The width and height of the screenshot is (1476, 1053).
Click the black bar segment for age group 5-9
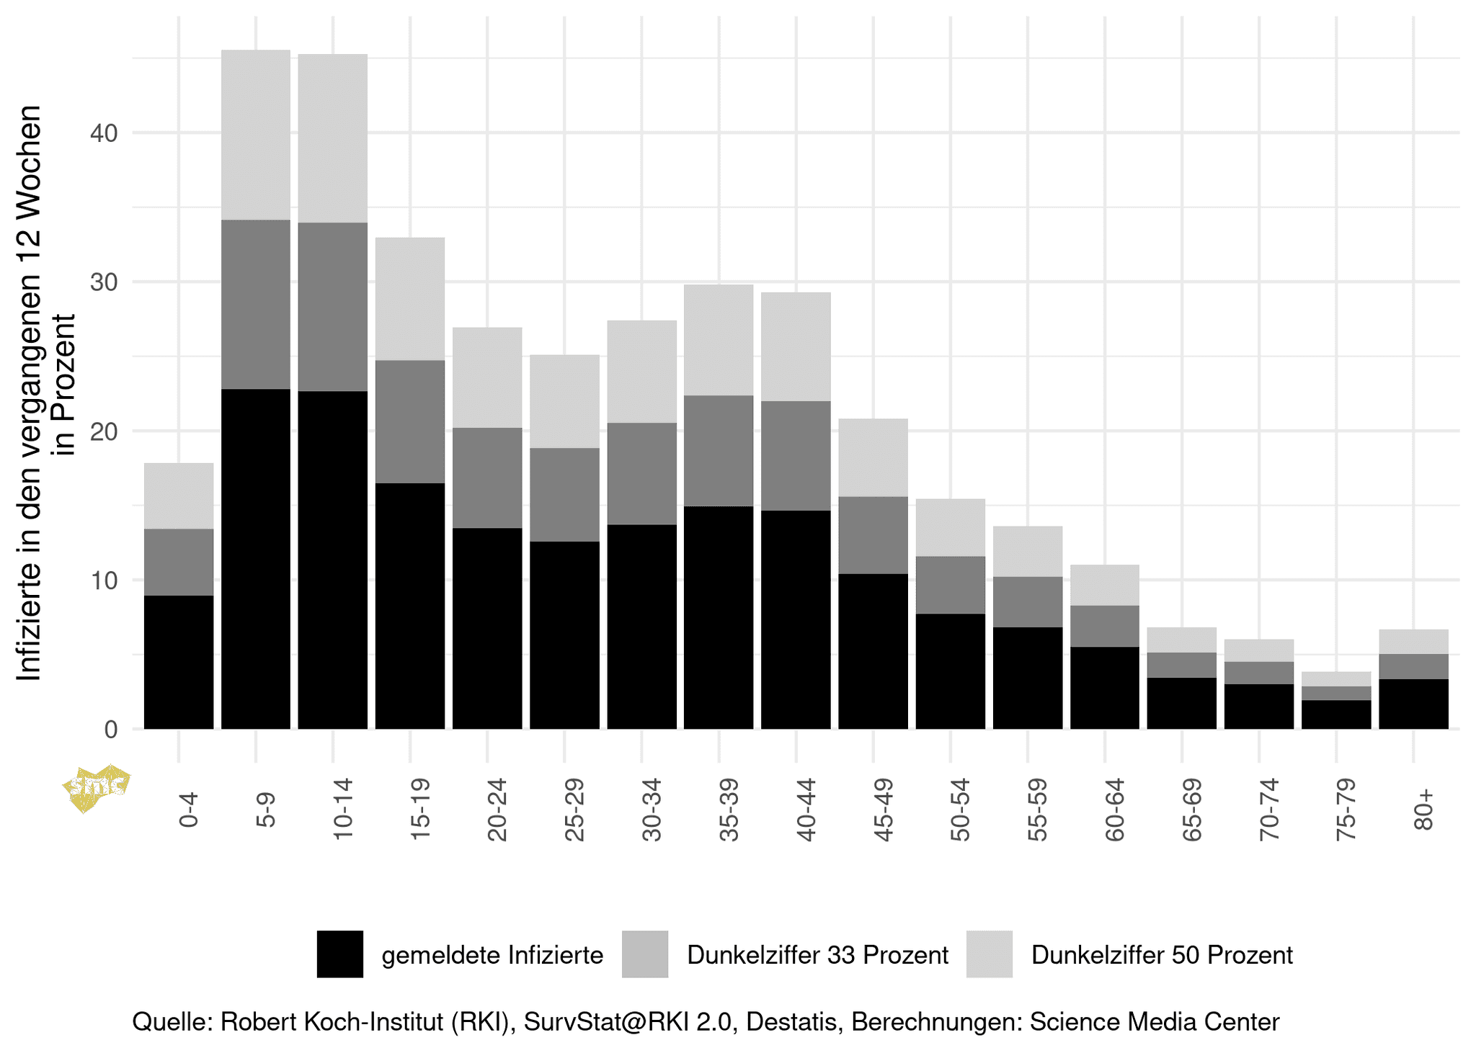(x=255, y=558)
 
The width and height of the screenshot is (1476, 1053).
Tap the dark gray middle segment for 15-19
(x=409, y=421)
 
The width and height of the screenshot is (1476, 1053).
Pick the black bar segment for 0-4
(x=179, y=662)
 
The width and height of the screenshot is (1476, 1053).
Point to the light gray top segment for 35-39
(x=719, y=340)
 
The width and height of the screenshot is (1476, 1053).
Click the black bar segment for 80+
(x=1413, y=704)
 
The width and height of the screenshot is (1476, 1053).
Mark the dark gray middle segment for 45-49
(x=873, y=535)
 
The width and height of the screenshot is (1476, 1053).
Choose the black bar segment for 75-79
(x=1336, y=714)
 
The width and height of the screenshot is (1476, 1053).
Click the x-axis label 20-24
(x=497, y=810)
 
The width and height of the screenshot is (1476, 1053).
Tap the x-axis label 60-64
(x=1114, y=810)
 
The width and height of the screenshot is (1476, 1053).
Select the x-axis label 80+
(x=1423, y=810)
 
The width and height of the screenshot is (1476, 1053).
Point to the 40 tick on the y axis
(x=104, y=133)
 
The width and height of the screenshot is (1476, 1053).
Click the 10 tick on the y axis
(x=104, y=581)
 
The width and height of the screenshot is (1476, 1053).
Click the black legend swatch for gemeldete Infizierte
(x=339, y=954)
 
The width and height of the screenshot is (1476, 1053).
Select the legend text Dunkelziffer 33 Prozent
(x=817, y=955)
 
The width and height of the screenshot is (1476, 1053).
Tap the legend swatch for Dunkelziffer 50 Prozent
(x=989, y=954)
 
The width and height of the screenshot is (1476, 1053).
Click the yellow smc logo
(x=96, y=788)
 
